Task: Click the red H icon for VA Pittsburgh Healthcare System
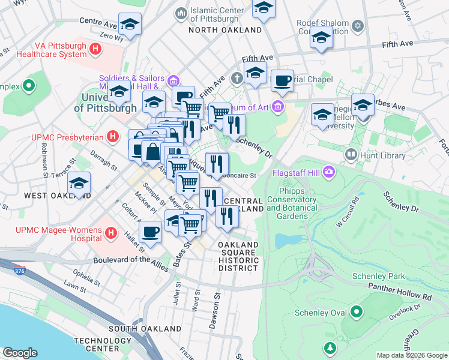click(x=95, y=49)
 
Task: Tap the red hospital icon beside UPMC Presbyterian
click(x=112, y=137)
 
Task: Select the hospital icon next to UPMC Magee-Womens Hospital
click(x=110, y=232)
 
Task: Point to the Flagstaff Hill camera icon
click(x=329, y=173)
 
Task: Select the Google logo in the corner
click(x=20, y=352)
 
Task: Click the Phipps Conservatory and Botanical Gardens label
click(x=291, y=200)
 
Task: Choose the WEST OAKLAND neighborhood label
click(x=57, y=196)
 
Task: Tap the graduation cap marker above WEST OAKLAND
click(x=79, y=183)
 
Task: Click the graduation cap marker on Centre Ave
click(x=130, y=24)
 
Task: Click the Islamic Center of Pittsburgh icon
click(x=180, y=13)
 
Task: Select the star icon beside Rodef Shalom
click(x=358, y=26)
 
